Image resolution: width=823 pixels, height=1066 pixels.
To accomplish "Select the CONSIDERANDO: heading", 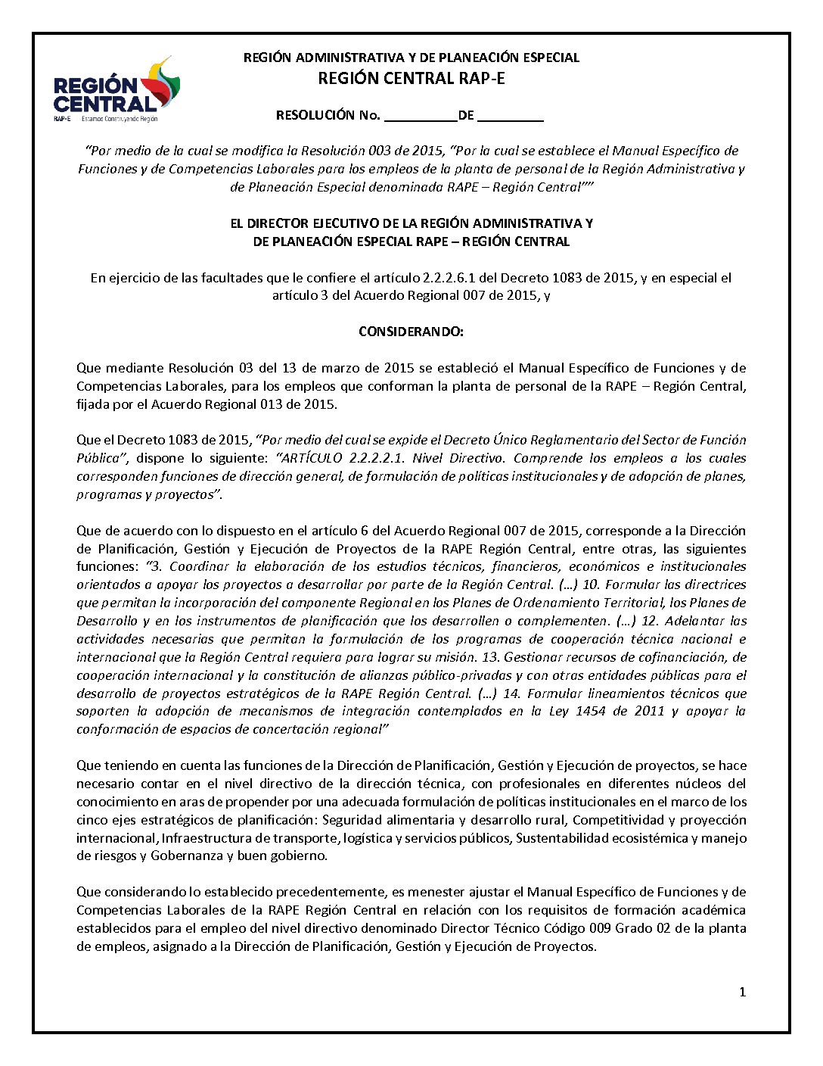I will pos(411,332).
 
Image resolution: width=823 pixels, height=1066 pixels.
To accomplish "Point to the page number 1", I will pos(742,992).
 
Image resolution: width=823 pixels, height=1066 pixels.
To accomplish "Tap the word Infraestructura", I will pos(207,838).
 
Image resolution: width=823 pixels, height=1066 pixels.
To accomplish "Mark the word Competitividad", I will pos(616,820).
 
